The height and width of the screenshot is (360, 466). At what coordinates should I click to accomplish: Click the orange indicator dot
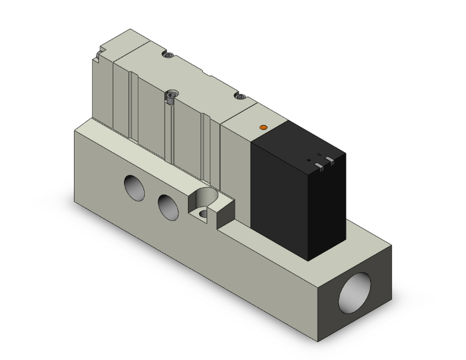pyautogui.click(x=263, y=128)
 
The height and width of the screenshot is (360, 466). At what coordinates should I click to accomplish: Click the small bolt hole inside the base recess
pyautogui.click(x=203, y=215)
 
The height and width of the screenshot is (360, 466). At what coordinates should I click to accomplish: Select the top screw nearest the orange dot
pyautogui.click(x=238, y=96)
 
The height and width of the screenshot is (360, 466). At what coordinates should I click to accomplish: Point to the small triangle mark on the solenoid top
pyautogui.click(x=309, y=160)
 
